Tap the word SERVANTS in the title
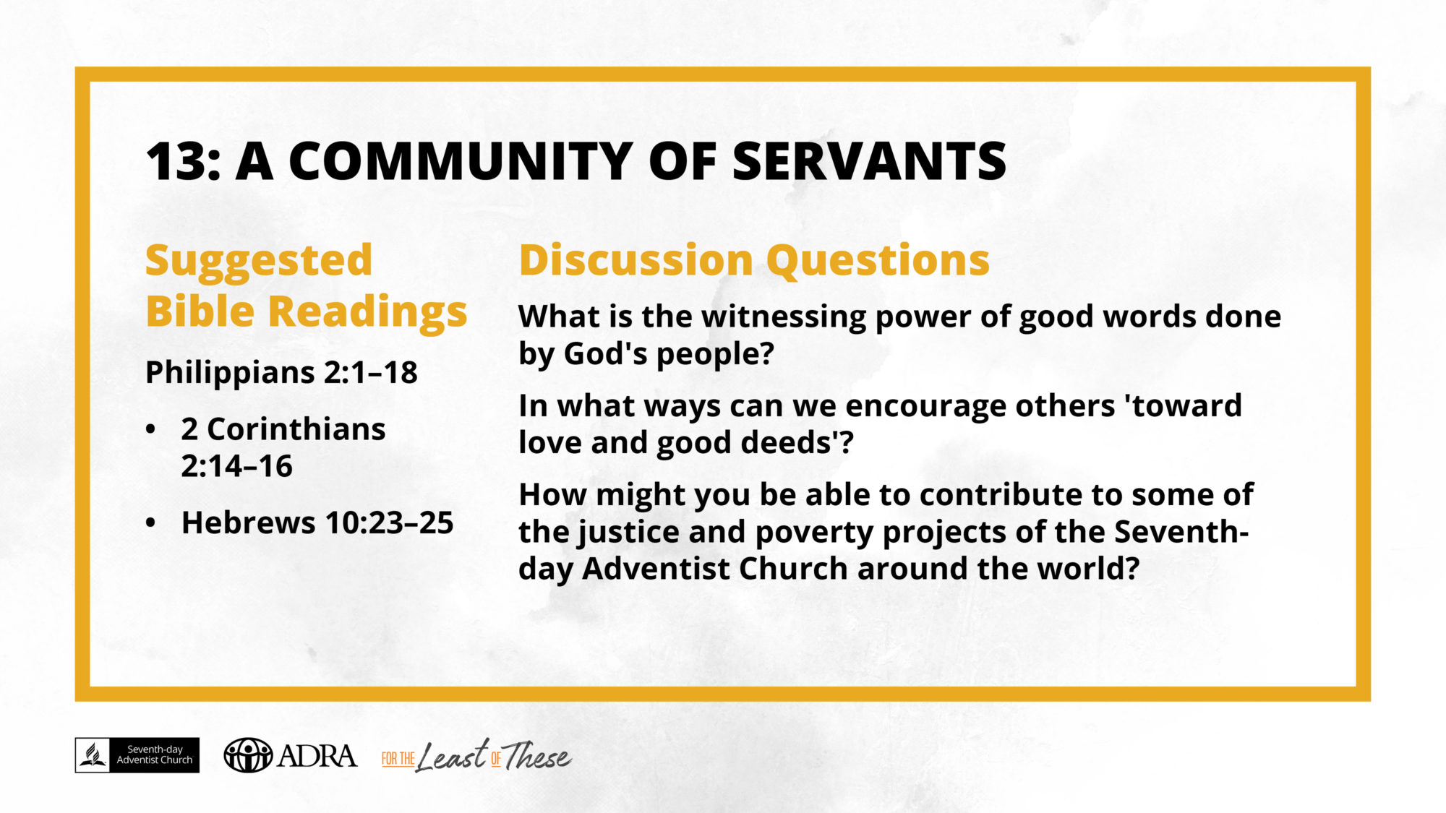[869, 161]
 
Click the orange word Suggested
[259, 262]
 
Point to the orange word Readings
[368, 313]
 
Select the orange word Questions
[878, 260]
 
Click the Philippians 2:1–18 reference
[281, 373]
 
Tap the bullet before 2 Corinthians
[150, 429]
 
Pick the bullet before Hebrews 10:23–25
[150, 522]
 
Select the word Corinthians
[296, 429]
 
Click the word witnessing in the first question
[784, 318]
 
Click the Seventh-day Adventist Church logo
[137, 755]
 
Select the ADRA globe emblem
[248, 755]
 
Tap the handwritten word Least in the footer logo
[453, 757]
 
